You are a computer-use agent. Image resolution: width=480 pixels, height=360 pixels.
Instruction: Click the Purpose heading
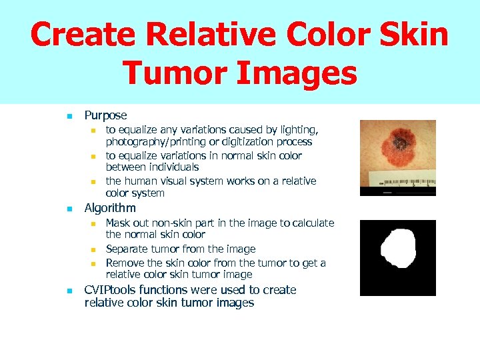click(x=105, y=115)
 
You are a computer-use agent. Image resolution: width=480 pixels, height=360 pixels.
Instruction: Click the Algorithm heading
click(x=110, y=208)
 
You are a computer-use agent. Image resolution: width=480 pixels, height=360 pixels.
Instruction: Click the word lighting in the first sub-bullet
click(x=299, y=129)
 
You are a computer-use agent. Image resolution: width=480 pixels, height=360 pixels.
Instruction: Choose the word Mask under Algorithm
click(x=119, y=223)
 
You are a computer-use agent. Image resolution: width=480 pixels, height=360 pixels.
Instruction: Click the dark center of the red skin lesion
click(x=402, y=142)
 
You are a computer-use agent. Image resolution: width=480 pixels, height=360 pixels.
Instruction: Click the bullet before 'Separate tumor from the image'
click(x=94, y=249)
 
